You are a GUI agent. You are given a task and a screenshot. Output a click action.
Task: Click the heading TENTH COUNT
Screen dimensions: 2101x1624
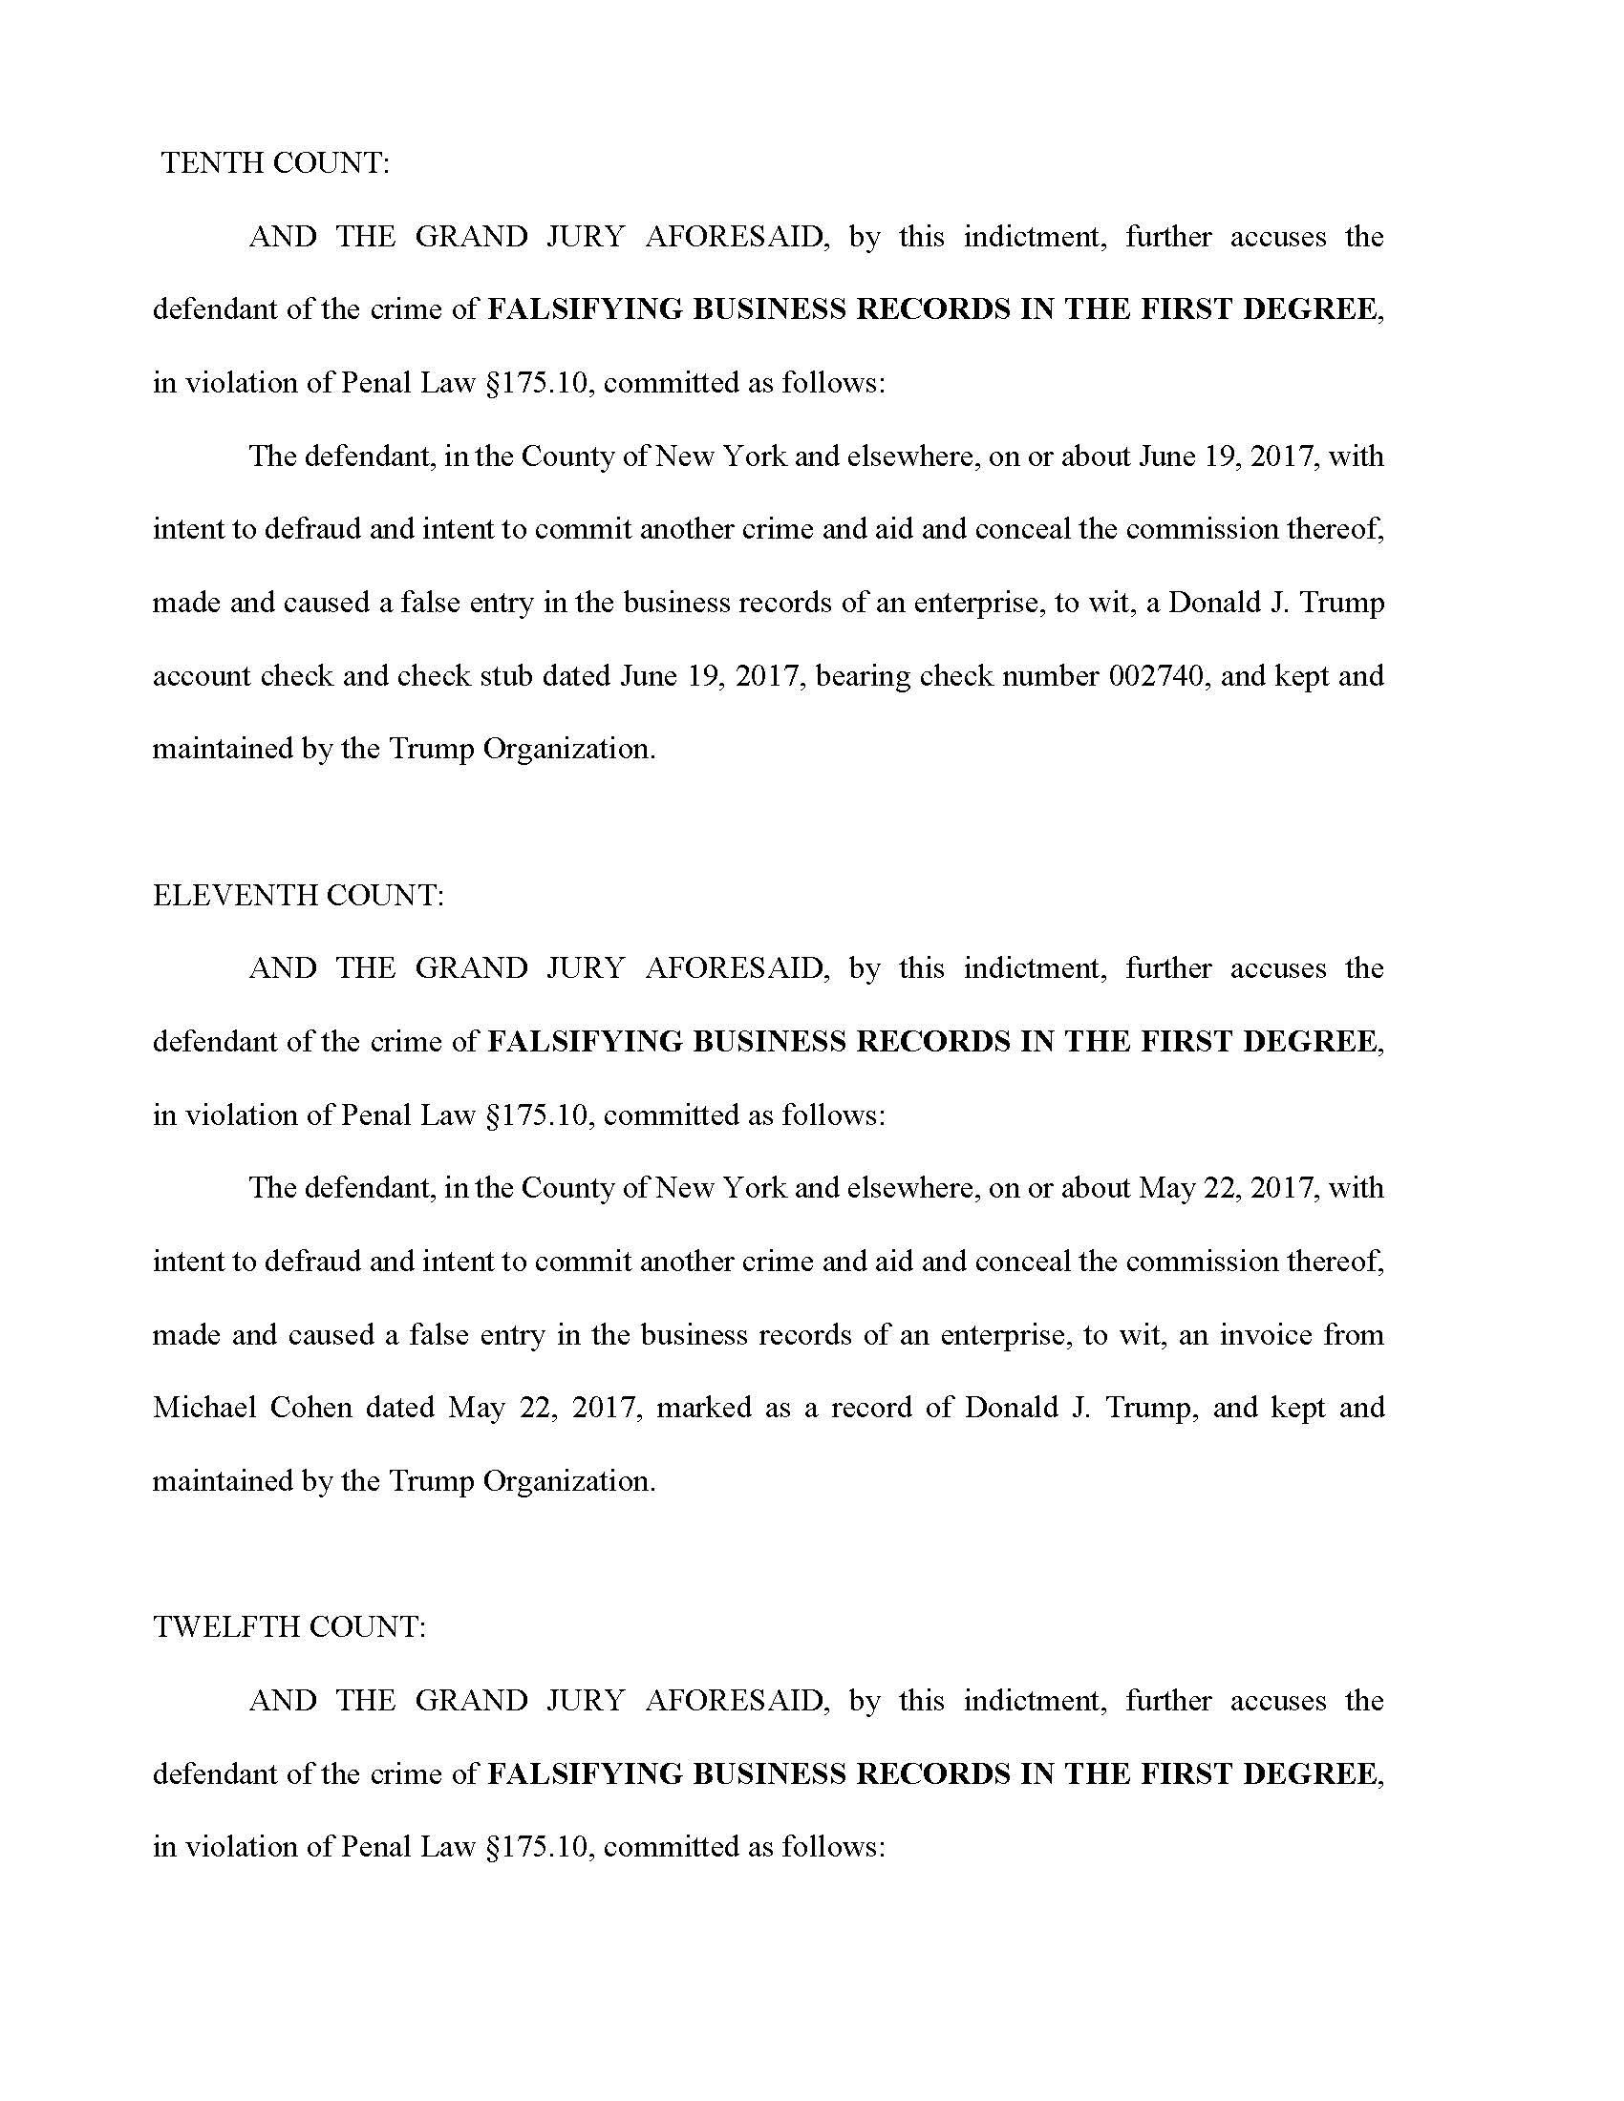click(x=275, y=163)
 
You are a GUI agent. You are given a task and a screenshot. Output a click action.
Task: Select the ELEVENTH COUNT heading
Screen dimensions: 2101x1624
click(x=298, y=896)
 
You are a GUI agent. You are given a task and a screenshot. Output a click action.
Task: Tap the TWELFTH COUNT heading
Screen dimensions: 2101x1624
click(x=288, y=1626)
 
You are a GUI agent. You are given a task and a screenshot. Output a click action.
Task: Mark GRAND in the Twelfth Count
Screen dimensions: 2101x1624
click(x=470, y=1700)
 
